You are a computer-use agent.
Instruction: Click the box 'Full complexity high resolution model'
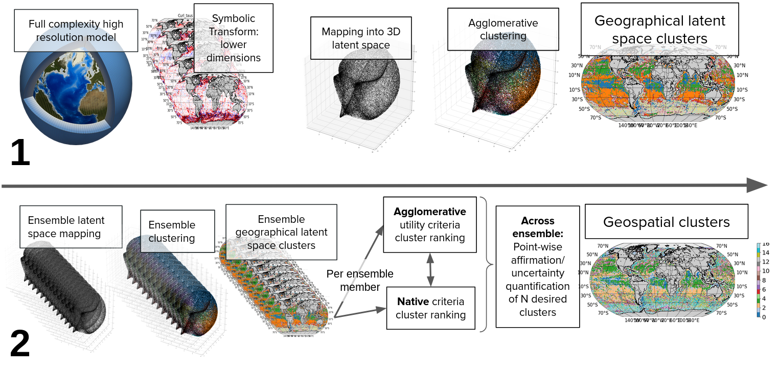pyautogui.click(x=76, y=31)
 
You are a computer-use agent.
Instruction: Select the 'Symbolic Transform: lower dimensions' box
pyautogui.click(x=234, y=38)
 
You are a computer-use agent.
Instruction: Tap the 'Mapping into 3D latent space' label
pyautogui.click(x=361, y=38)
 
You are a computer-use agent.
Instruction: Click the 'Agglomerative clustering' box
pyautogui.click(x=496, y=29)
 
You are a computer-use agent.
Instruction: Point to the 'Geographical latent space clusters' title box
pyautogui.click(x=660, y=29)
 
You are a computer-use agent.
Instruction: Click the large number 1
pyautogui.click(x=20, y=152)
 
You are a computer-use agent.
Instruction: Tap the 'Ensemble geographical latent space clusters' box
pyautogui.click(x=281, y=232)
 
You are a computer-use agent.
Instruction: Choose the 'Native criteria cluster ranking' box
pyautogui.click(x=431, y=308)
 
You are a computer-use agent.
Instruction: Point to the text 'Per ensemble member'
pyautogui.click(x=360, y=280)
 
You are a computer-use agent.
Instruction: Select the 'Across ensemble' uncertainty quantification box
pyautogui.click(x=538, y=266)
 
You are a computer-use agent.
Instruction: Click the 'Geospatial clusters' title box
pyautogui.click(x=666, y=222)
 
